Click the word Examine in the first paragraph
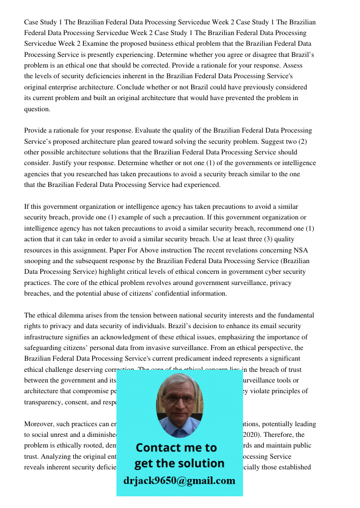click(x=88, y=44)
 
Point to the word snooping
click(x=39, y=261)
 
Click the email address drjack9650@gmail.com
click(x=179, y=481)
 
